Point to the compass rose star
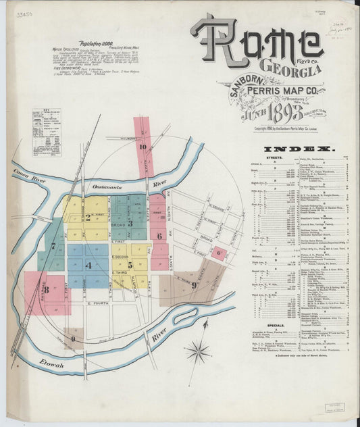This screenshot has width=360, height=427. [x=199, y=350]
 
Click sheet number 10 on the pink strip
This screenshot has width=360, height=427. [x=143, y=146]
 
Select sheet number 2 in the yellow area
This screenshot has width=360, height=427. [x=88, y=218]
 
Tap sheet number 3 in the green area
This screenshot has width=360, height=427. [x=130, y=218]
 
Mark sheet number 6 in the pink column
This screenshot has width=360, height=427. [x=159, y=236]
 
